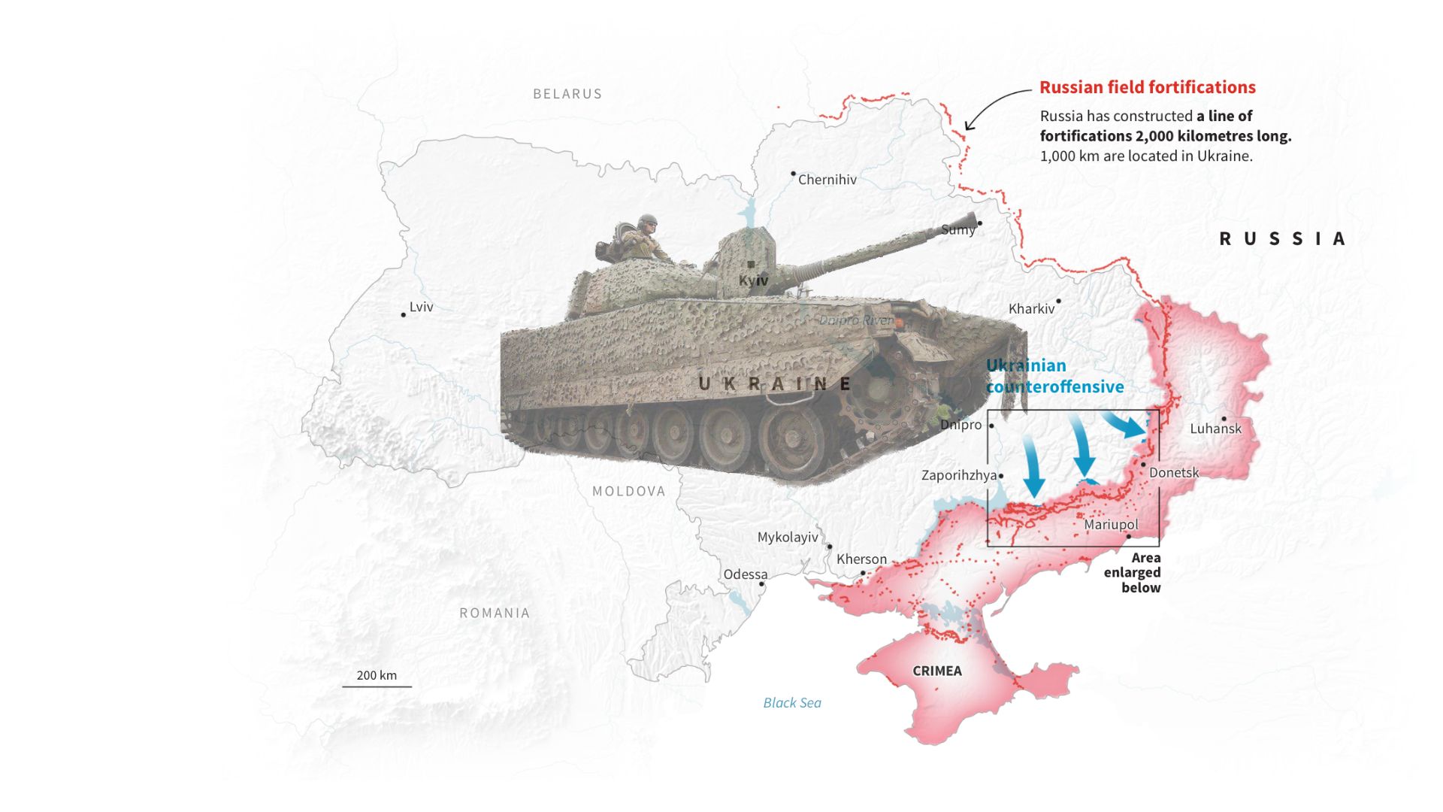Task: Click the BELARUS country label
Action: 567,94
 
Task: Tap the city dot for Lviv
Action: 404,314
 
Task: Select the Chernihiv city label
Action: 827,180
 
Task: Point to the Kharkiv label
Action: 1031,309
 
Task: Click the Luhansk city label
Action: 1215,429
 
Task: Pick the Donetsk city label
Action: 1174,473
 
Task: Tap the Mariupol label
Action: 1111,525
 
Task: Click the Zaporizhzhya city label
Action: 959,475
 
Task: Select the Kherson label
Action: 861,559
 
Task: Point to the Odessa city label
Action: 745,574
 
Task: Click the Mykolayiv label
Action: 787,538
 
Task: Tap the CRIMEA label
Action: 936,671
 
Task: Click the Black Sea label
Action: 792,703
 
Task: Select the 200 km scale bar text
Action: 377,675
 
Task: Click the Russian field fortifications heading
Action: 1147,87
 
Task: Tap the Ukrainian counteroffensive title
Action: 1054,376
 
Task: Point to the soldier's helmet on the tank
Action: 647,221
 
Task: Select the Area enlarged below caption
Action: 1133,573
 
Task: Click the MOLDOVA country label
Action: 628,492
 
